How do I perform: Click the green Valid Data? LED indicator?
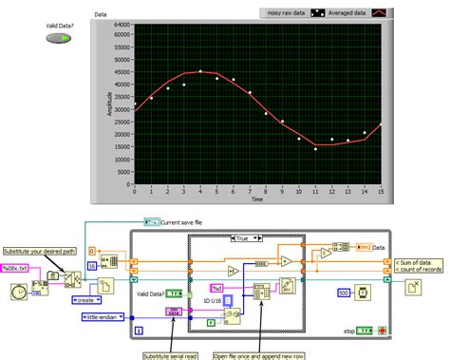pos(59,38)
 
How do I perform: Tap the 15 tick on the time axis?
pos(382,192)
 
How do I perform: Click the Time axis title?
pos(257,199)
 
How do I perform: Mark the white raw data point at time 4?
pos(200,71)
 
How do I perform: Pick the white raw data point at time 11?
pos(315,148)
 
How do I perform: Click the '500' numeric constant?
pos(342,293)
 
